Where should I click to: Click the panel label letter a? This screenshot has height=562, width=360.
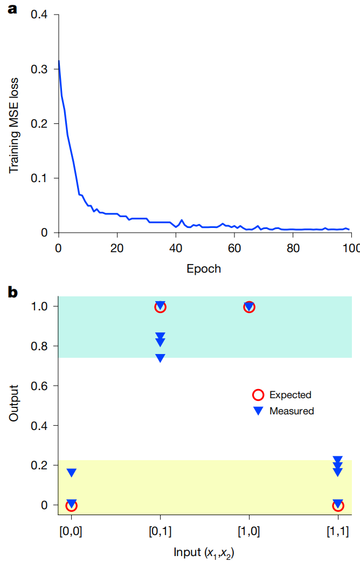12,9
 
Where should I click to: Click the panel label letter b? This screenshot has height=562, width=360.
12,293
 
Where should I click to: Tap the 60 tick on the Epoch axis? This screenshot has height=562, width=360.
234,248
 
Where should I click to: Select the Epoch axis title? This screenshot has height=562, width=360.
203,268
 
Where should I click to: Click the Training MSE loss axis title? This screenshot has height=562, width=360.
14,125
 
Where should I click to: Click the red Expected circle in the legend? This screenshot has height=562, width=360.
258,395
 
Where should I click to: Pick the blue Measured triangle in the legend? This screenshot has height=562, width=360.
258,411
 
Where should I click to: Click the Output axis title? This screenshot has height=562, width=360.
14,403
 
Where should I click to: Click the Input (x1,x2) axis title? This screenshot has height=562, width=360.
204,552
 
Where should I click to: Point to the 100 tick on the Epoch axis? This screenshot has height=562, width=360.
351,248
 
